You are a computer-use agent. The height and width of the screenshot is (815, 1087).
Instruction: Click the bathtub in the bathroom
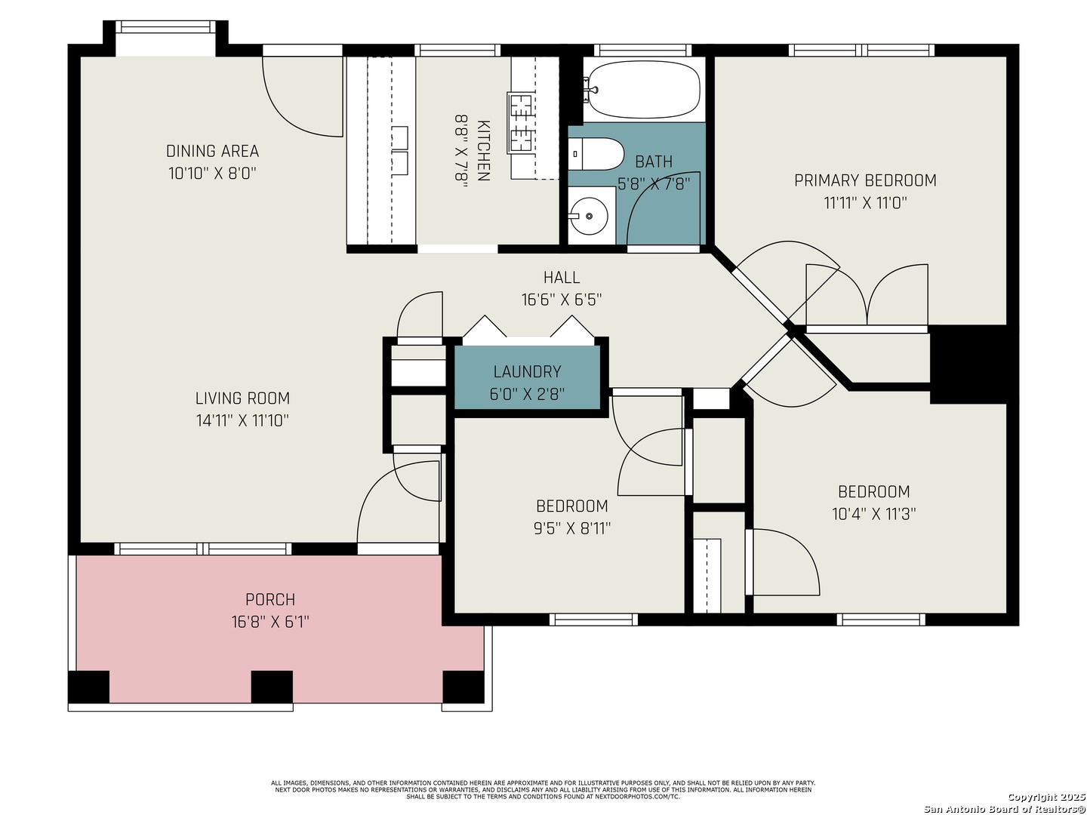pos(643,90)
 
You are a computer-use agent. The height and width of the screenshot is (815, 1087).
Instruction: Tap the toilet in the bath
pos(595,154)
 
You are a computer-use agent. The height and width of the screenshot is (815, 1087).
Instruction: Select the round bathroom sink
pos(589,216)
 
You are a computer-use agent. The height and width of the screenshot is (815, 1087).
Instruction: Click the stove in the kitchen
pos(520,123)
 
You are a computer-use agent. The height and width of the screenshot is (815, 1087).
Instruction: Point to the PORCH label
pos(270,599)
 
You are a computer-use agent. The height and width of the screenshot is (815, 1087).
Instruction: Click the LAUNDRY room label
pos(527,371)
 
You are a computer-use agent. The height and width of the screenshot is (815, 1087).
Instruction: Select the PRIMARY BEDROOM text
pos(864,180)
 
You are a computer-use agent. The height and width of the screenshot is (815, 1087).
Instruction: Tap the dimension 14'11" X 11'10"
pos(242,420)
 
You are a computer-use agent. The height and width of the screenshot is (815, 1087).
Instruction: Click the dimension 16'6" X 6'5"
pos(561,300)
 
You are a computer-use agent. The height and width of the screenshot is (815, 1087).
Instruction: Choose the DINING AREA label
pos(212,151)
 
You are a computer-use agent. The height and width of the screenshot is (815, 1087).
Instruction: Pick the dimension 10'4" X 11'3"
pos(873,514)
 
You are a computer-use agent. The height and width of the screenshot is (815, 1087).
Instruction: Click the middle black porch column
pos(272,687)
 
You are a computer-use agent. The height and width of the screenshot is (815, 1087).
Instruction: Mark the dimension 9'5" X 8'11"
pos(571,528)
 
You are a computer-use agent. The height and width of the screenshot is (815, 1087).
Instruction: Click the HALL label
pos(561,277)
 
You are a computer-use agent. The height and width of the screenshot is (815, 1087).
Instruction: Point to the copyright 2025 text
pos(1045,797)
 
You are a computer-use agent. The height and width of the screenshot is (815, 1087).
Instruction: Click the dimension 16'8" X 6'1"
pos(270,622)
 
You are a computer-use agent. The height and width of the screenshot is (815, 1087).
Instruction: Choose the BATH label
pos(653,161)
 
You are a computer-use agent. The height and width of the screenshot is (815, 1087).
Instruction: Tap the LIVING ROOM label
pos(242,398)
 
